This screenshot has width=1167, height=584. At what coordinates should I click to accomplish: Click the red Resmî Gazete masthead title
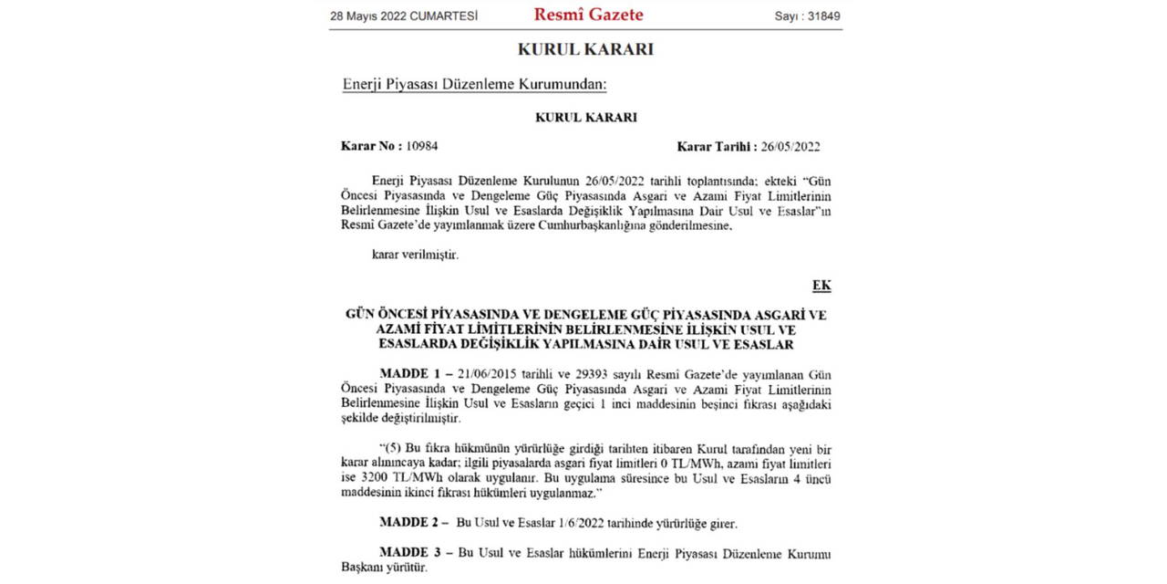click(588, 15)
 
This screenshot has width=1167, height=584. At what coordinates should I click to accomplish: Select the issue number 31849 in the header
click(821, 16)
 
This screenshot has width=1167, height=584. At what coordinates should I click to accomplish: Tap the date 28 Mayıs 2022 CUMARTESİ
click(404, 16)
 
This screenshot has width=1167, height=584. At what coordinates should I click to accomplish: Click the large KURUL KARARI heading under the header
click(585, 49)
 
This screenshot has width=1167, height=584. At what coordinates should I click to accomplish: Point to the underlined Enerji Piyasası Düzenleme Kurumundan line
click(474, 85)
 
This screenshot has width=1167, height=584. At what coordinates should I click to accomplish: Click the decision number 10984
click(422, 146)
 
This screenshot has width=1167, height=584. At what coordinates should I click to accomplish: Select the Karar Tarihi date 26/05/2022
click(790, 146)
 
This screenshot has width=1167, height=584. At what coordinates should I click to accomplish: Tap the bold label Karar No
click(371, 146)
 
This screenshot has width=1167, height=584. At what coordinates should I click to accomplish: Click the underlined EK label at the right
click(821, 286)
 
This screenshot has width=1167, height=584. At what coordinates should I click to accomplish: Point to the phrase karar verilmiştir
click(415, 255)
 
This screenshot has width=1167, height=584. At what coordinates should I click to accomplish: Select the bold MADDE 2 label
click(411, 524)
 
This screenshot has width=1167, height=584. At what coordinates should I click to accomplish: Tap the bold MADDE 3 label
click(411, 554)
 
